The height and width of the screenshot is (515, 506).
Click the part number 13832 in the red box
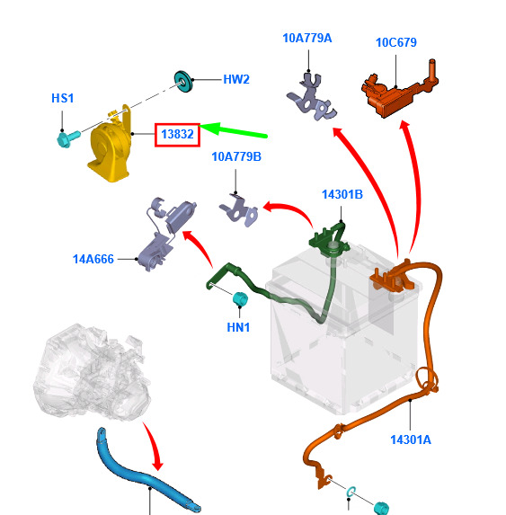pyautogui.click(x=177, y=134)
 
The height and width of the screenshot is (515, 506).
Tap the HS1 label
pyautogui.click(x=63, y=98)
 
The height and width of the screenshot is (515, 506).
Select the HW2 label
pyautogui.click(x=236, y=79)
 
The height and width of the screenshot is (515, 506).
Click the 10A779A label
pyautogui.click(x=307, y=38)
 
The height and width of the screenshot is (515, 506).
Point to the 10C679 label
pyautogui.click(x=396, y=42)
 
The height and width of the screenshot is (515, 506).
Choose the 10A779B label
pyautogui.click(x=236, y=156)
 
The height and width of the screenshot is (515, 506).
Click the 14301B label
pyautogui.click(x=342, y=194)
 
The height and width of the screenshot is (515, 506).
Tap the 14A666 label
pyautogui.click(x=93, y=259)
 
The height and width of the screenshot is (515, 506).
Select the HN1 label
pyautogui.click(x=238, y=327)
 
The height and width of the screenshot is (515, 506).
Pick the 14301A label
pyautogui.click(x=411, y=440)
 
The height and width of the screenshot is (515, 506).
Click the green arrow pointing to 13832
pyautogui.click(x=233, y=130)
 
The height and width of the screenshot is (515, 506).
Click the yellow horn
pyautogui.click(x=110, y=147)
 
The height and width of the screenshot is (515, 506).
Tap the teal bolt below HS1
pyautogui.click(x=67, y=138)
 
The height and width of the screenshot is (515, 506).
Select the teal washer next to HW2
pyautogui.click(x=182, y=81)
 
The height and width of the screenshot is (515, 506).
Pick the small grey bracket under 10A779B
pyautogui.click(x=239, y=210)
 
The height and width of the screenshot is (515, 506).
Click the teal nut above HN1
pyautogui.click(x=240, y=298)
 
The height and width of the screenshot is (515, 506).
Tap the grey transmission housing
pyautogui.click(x=92, y=372)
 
